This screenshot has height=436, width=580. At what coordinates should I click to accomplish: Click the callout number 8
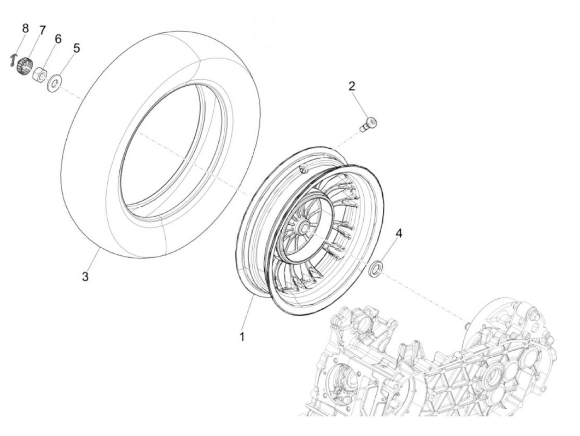coord(25,28)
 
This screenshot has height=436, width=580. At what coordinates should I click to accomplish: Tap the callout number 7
coord(42,30)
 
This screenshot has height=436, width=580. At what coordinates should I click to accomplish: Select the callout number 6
coord(58,39)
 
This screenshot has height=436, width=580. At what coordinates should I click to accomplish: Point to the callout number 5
coord(76,48)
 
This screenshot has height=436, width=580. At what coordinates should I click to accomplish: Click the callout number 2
coord(352,86)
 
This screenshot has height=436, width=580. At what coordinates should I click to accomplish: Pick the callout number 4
coord(399,233)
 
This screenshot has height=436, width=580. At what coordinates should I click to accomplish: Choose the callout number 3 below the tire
coord(85,277)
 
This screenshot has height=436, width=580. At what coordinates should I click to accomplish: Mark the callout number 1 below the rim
coord(242,337)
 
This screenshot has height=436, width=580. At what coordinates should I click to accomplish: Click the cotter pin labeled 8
coord(14,61)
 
